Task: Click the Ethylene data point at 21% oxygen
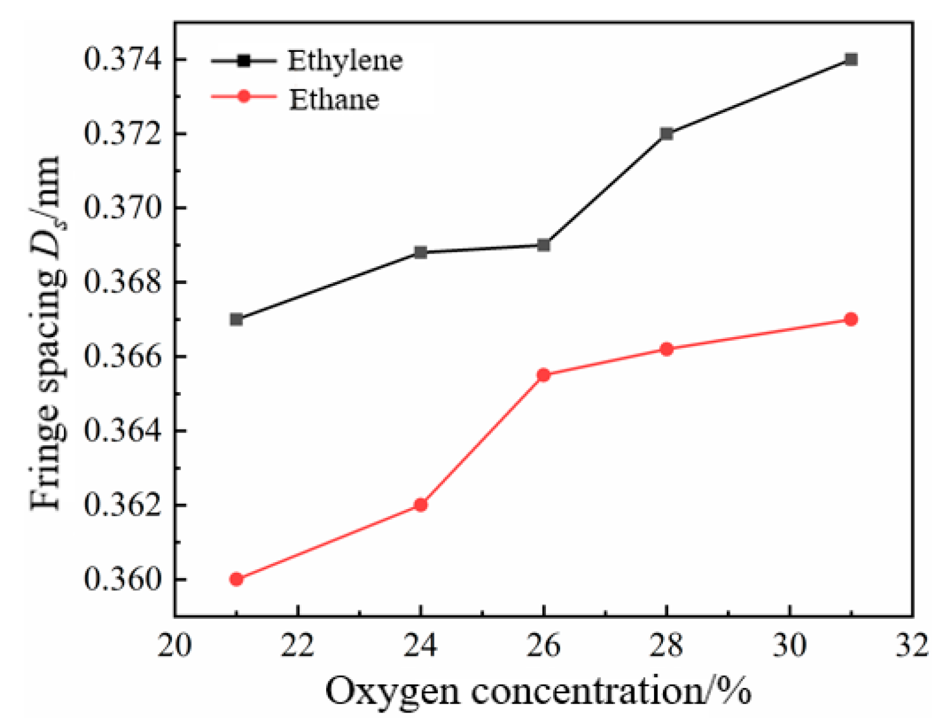[x=236, y=319]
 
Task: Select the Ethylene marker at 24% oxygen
[x=420, y=252]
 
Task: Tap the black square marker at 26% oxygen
[x=543, y=245]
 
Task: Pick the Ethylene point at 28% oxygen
[x=666, y=134]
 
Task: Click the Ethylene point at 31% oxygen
[x=851, y=59]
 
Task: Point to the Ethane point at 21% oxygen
[x=236, y=579]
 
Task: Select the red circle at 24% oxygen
[x=420, y=505]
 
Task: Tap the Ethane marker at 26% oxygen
[x=543, y=375]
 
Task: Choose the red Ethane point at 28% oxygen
[x=666, y=349]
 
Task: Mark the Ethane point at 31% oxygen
[x=851, y=319]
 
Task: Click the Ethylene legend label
[x=345, y=60]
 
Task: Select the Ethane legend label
[x=334, y=99]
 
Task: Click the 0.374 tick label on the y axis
[x=123, y=60]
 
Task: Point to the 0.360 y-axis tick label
[x=123, y=579]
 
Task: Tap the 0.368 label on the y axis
[x=123, y=282]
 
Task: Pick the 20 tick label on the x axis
[x=174, y=645]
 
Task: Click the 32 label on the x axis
[x=912, y=645]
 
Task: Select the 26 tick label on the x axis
[x=543, y=645]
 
